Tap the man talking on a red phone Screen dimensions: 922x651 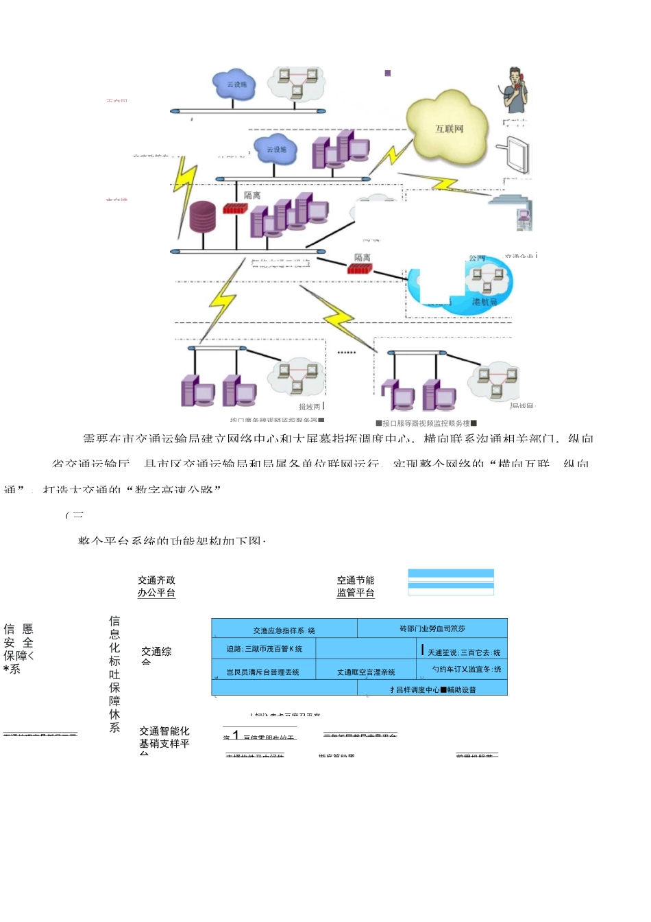(515, 90)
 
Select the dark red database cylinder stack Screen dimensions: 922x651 (202, 217)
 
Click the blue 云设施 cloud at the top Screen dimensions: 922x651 (234, 85)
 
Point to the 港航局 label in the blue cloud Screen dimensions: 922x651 (484, 302)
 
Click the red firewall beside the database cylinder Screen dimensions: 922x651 (234, 208)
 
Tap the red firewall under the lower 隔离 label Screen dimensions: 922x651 (359, 269)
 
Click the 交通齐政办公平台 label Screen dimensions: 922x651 (156, 587)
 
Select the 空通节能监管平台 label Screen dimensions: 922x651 (355, 587)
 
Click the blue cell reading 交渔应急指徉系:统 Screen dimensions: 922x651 (284, 629)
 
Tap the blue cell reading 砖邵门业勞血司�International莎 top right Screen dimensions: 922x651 (432, 628)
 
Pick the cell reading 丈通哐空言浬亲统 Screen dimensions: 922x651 (366, 672)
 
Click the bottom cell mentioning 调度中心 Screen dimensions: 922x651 (432, 689)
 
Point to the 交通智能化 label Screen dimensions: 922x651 (164, 731)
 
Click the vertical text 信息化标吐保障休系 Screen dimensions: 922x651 (114, 674)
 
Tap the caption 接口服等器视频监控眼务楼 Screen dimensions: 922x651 (426, 423)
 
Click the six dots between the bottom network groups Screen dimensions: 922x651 (347, 353)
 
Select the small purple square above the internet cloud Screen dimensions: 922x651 (388, 73)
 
